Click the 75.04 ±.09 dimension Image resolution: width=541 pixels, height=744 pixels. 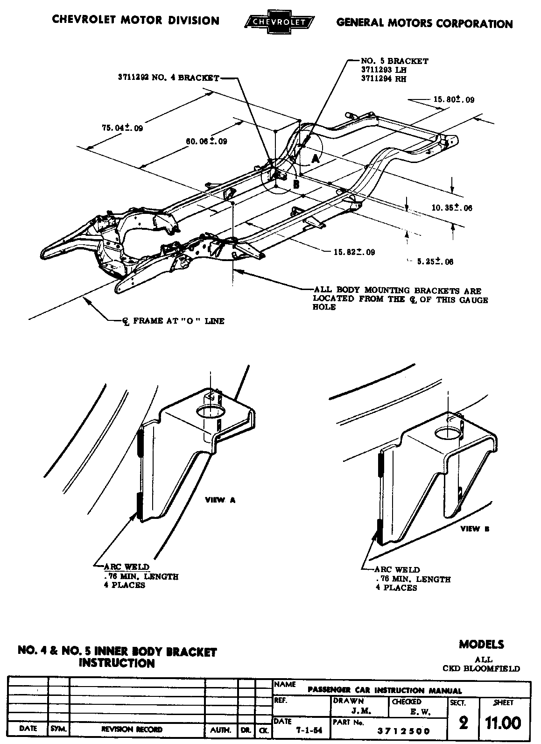(x=122, y=128)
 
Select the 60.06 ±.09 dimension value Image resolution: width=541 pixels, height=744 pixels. (x=206, y=141)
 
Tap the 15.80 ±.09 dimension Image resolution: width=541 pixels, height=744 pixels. (x=454, y=99)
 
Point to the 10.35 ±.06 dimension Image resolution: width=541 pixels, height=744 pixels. (x=451, y=208)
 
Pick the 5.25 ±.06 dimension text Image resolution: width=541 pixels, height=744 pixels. (x=435, y=262)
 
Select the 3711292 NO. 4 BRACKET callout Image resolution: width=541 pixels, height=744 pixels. (x=168, y=78)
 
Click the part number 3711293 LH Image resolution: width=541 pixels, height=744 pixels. (x=384, y=70)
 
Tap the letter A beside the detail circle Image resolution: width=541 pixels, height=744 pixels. (x=316, y=158)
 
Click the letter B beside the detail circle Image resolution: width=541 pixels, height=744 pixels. (x=296, y=184)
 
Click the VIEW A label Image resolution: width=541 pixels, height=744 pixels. (x=220, y=500)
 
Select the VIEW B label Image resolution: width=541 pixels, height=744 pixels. (x=475, y=529)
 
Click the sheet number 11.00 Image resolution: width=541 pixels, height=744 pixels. (x=503, y=723)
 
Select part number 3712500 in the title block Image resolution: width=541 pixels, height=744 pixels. (x=403, y=731)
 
